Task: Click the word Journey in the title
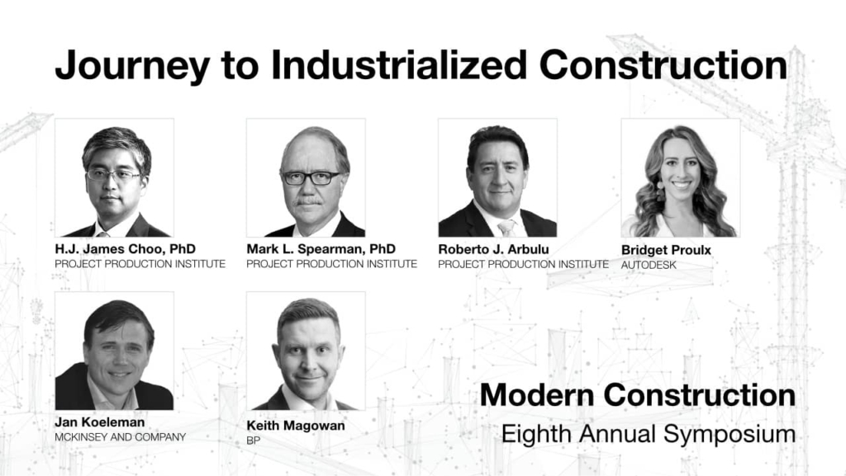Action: click(132, 66)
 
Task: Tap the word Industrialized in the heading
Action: click(399, 64)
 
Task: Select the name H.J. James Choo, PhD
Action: click(126, 249)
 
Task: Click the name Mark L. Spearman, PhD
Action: click(321, 249)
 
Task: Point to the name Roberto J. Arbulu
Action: click(493, 249)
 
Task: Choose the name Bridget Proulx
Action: click(666, 250)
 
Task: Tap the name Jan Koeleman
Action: click(100, 422)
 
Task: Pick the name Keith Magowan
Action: click(296, 426)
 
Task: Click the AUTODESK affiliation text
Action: click(649, 265)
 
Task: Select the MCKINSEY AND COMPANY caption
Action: click(121, 437)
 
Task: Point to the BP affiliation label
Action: click(254, 441)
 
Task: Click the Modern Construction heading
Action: click(638, 394)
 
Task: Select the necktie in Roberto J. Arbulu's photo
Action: click(506, 228)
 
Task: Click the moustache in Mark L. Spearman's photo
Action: click(310, 202)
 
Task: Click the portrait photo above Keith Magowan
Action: click(306, 351)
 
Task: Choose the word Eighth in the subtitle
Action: click(535, 434)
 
